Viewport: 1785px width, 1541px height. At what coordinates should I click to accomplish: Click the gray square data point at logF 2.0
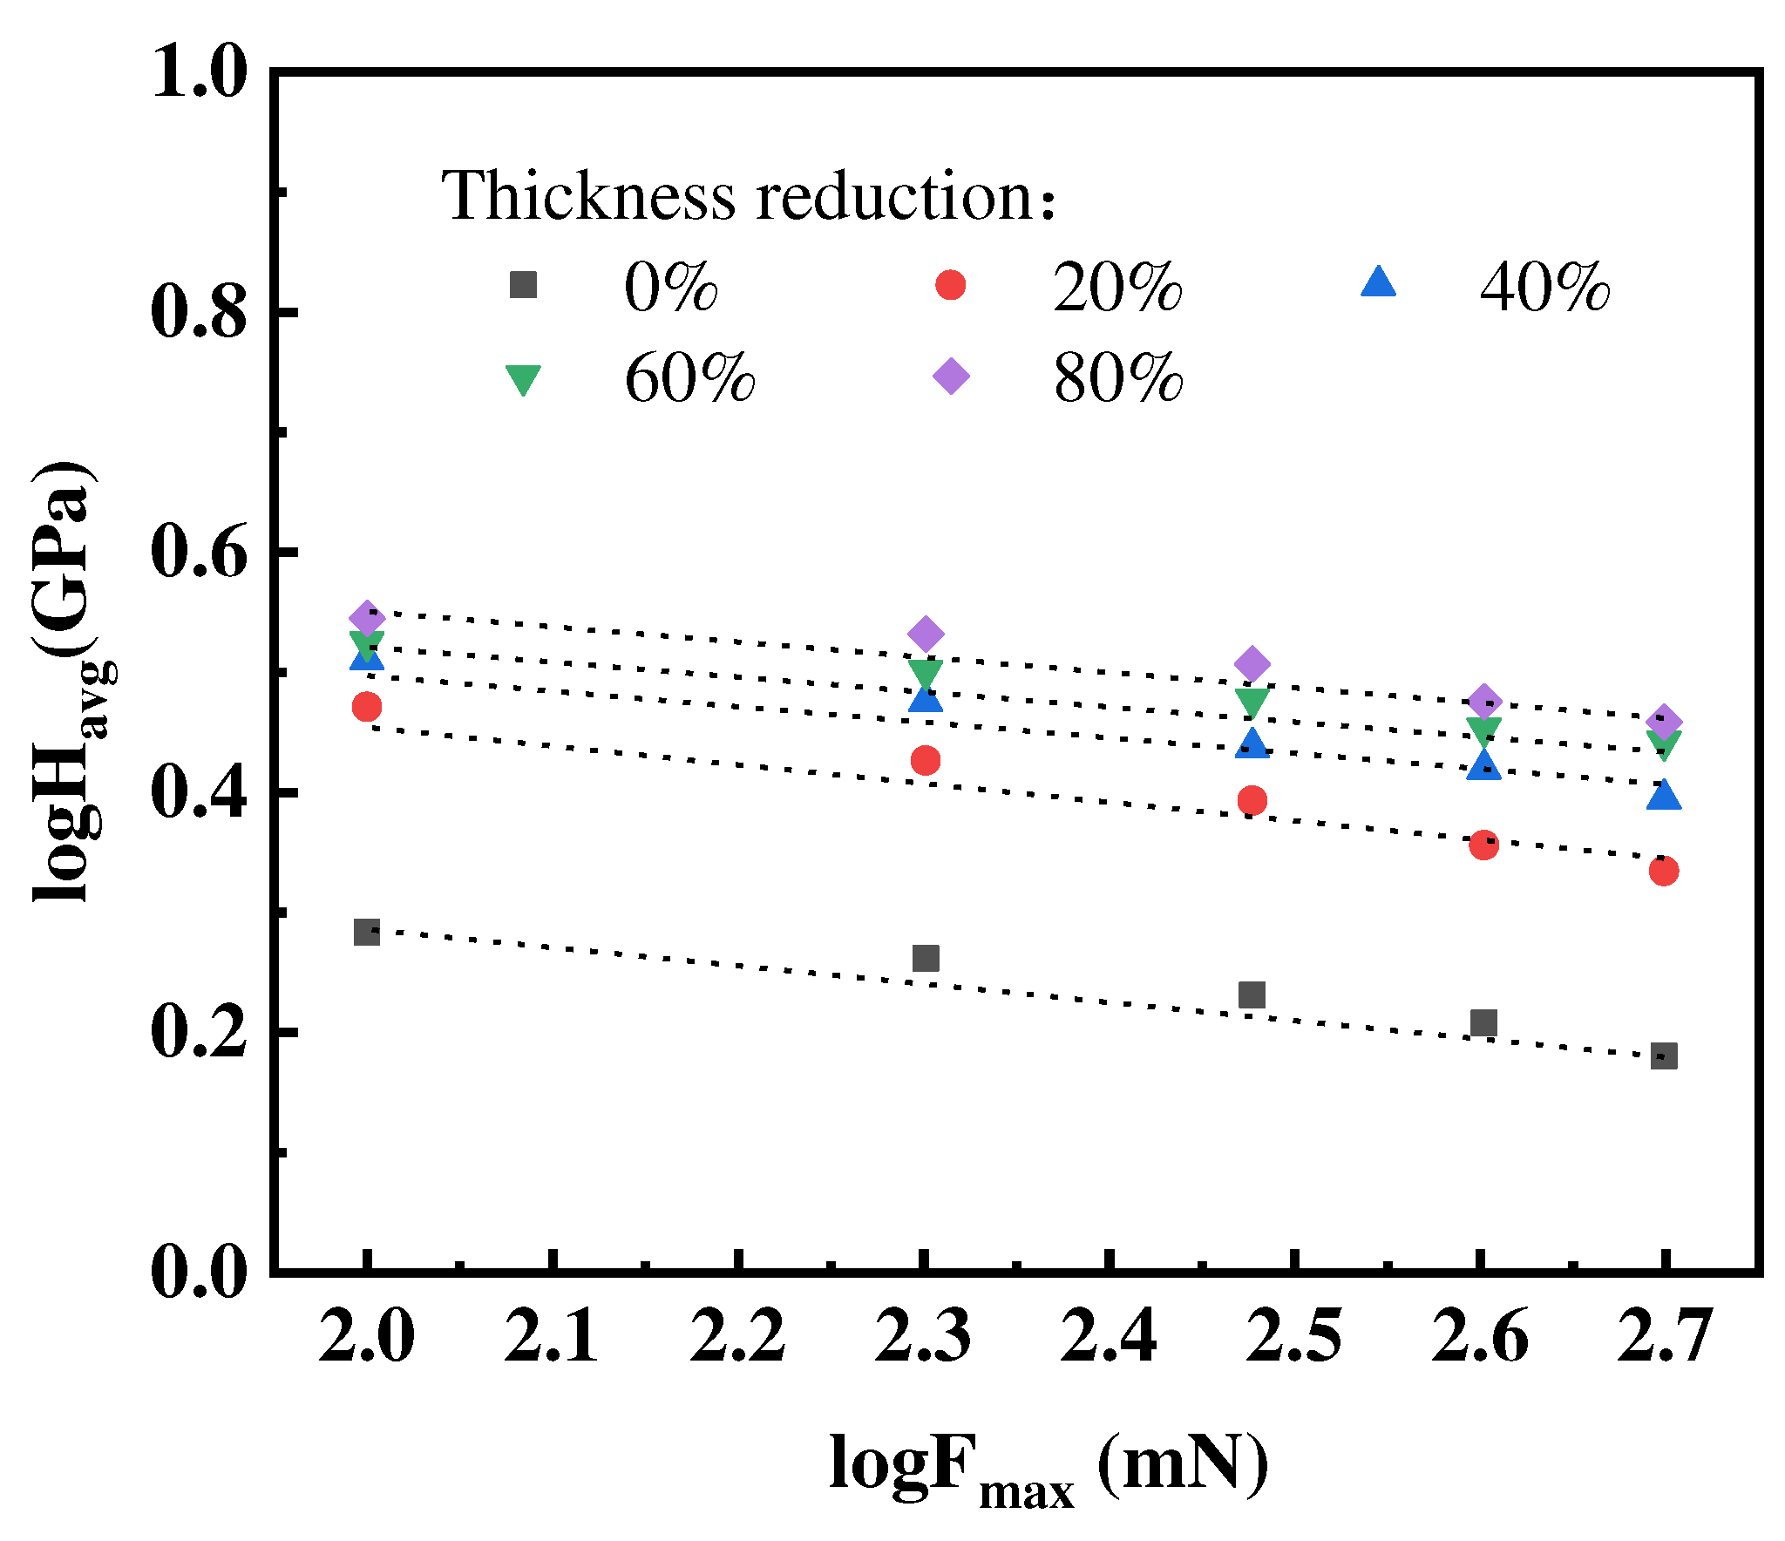tap(367, 933)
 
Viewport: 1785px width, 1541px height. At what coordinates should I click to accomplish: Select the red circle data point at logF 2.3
tap(926, 760)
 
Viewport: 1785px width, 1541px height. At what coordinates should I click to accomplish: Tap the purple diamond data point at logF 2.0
tap(367, 618)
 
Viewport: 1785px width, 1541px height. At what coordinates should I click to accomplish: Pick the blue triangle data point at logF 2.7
tap(1664, 796)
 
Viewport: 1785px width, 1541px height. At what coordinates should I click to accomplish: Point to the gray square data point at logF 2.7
tap(1664, 1056)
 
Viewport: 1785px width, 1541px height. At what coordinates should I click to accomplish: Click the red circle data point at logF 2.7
tap(1664, 871)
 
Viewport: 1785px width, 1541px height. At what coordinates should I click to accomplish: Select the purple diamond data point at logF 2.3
tap(926, 634)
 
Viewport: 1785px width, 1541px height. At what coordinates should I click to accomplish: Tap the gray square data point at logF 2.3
tap(926, 959)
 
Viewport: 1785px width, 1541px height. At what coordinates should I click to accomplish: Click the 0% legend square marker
tap(523, 285)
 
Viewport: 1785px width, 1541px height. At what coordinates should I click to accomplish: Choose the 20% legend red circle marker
tap(950, 285)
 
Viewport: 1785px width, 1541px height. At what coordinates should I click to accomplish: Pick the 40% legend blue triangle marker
tap(1378, 283)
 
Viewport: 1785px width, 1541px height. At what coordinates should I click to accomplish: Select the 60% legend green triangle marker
tap(523, 379)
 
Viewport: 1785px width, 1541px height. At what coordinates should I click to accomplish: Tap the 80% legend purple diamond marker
tap(951, 377)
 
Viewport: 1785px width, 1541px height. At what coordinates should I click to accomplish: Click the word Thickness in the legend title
tap(588, 195)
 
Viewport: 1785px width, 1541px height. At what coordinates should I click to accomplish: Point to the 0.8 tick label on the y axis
tap(200, 311)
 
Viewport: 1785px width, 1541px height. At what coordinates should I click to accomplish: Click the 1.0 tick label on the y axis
tap(200, 71)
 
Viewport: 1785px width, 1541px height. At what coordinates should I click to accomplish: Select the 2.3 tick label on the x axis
tap(923, 1336)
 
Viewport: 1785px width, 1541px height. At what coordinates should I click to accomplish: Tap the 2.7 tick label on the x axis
tap(1664, 1336)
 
